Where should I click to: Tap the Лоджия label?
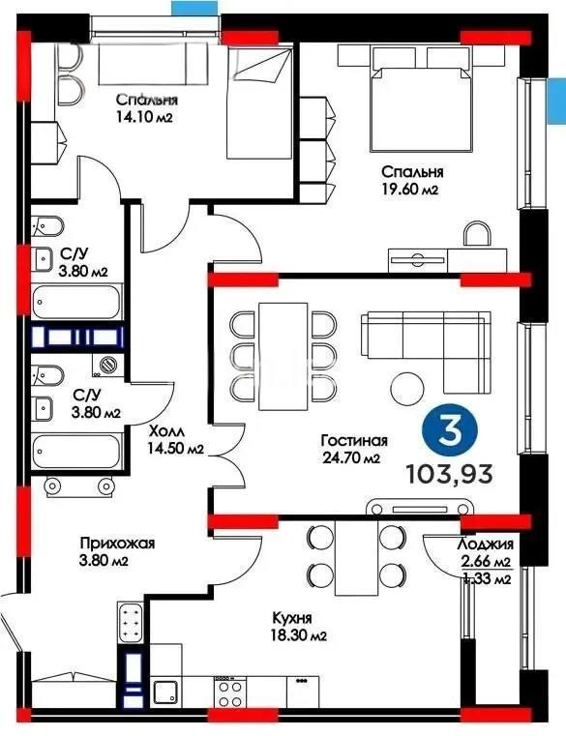tap(485, 545)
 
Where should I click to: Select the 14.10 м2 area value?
tap(145, 117)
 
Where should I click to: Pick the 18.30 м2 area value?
tap(296, 636)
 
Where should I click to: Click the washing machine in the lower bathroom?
tap(109, 365)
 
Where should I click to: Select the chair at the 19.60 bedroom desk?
tap(475, 235)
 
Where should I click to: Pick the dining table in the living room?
tap(282, 348)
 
